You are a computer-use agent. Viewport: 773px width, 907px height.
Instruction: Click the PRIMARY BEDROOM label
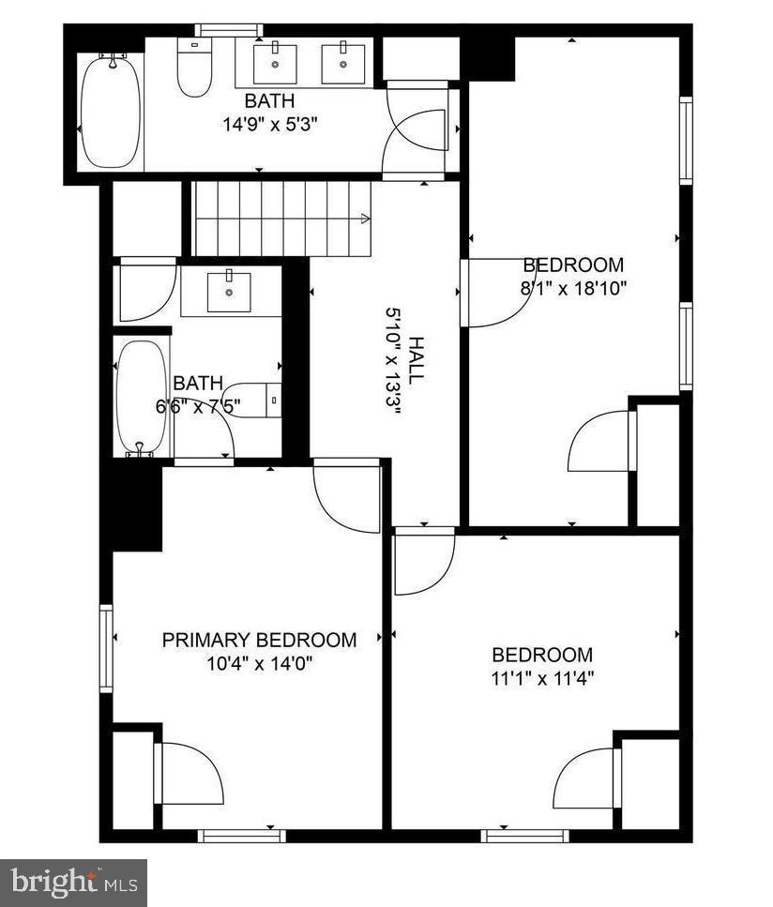tap(259, 641)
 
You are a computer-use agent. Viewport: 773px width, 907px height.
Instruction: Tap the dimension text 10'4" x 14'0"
tap(259, 664)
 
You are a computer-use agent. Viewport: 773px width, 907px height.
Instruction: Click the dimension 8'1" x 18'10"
tap(573, 288)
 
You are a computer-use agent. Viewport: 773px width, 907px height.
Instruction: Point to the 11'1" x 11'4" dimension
tap(542, 678)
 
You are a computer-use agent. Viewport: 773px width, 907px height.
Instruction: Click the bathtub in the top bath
tap(110, 113)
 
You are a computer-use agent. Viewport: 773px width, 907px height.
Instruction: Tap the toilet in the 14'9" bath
tap(195, 69)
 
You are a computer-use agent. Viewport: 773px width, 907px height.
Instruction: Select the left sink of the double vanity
tap(278, 62)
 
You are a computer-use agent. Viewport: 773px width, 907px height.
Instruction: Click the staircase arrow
tap(362, 219)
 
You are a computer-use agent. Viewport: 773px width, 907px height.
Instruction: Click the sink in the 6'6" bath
tap(229, 291)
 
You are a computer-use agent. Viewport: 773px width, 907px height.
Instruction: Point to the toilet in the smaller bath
tap(253, 401)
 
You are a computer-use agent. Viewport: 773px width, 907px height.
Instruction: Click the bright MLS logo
tap(73, 883)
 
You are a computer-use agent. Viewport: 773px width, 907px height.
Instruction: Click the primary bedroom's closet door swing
tap(191, 774)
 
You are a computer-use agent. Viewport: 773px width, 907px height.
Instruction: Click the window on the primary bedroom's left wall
tap(106, 648)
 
